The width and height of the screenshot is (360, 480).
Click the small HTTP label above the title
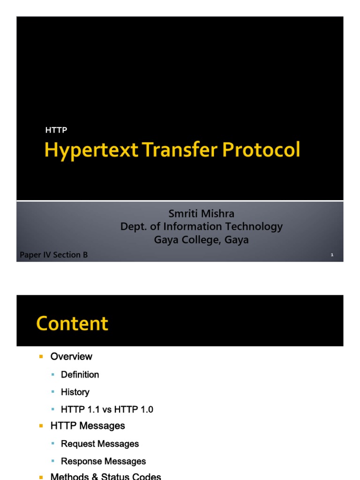tap(56, 130)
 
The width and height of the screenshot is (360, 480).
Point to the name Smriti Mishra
tap(202, 214)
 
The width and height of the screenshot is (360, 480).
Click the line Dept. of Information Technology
tap(202, 227)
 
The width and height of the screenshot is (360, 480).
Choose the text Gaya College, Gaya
tap(202, 240)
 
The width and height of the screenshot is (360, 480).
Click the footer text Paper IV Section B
tap(53, 255)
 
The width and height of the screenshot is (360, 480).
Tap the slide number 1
tap(332, 255)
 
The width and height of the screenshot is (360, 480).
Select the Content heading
tap(72, 323)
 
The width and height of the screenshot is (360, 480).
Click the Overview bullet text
tap(71, 357)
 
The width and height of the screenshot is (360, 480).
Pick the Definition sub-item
tap(80, 375)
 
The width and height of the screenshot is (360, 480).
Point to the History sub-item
tap(75, 392)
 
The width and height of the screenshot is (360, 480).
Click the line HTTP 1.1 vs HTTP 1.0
tap(107, 409)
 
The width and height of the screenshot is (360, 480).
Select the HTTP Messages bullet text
tap(88, 426)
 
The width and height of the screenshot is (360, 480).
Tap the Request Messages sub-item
tap(100, 443)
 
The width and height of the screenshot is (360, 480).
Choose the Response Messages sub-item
tap(103, 461)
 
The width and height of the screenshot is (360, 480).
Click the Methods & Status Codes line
tap(105, 477)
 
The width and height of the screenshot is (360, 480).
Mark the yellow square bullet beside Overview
tap(41, 357)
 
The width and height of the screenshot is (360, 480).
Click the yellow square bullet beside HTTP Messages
tap(41, 426)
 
